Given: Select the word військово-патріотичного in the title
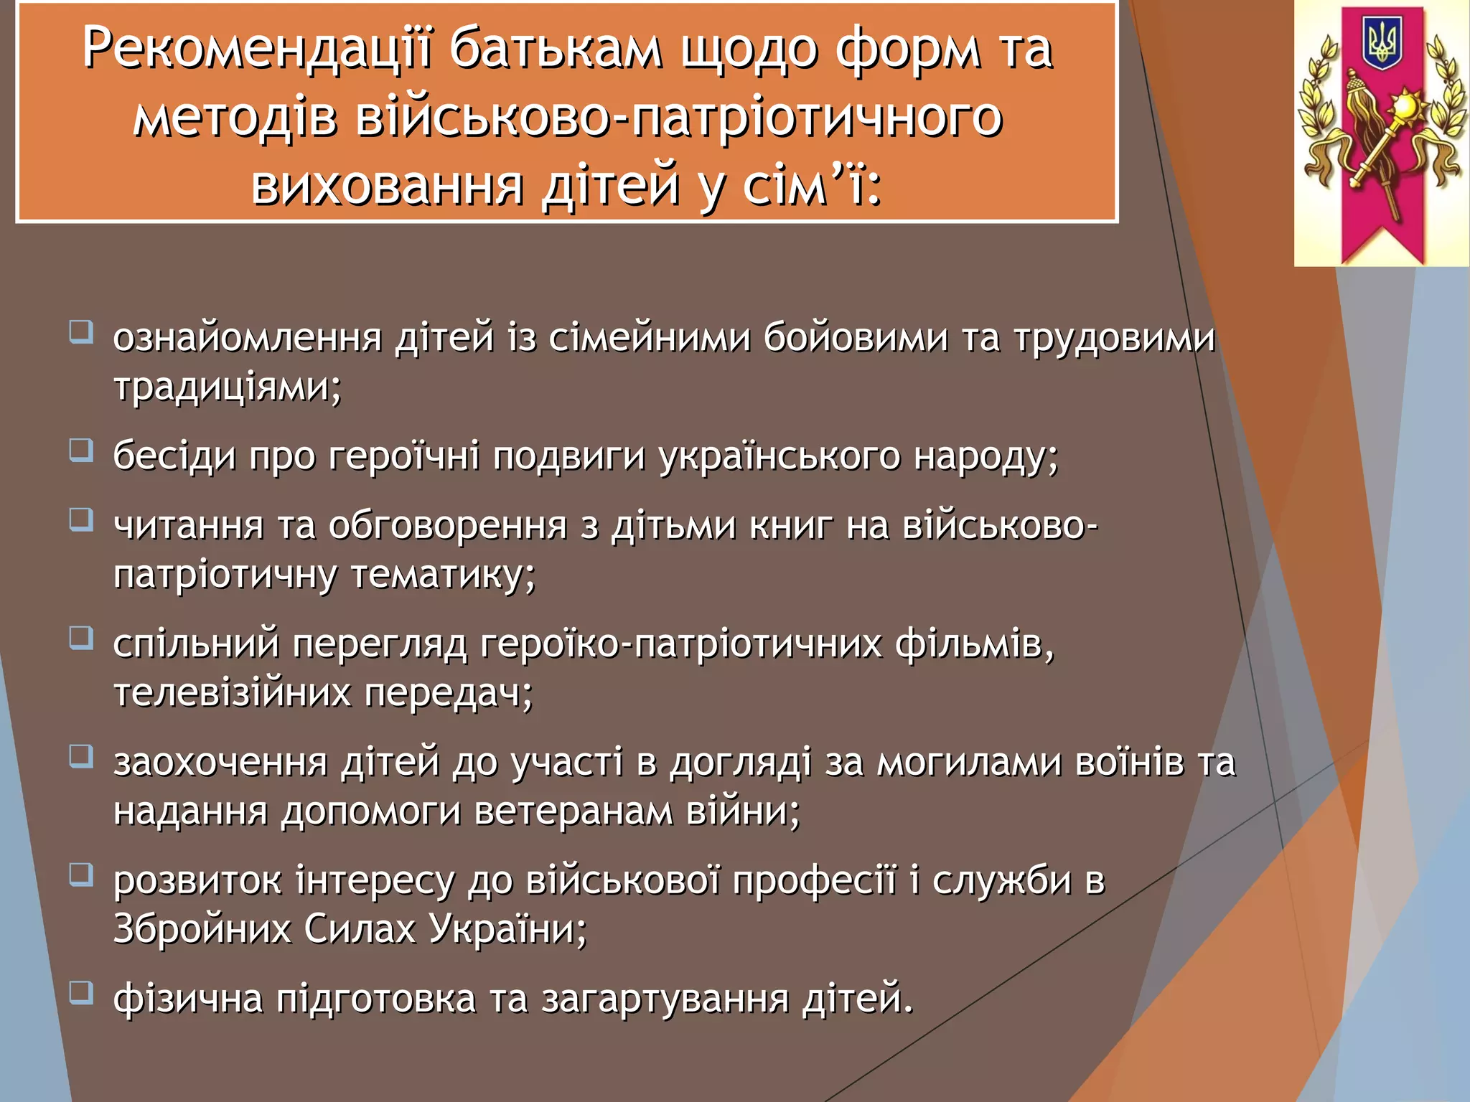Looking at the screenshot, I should pos(679,117).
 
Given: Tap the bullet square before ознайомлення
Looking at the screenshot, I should pos(81,332).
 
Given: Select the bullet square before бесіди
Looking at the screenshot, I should pos(81,450).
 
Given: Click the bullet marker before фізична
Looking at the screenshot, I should pos(81,993).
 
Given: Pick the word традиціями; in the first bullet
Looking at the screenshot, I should pos(228,387).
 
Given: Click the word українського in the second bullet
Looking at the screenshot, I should pos(780,456).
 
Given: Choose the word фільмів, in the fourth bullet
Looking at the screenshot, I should pos(974,644).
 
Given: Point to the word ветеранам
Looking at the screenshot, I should pos(573,811).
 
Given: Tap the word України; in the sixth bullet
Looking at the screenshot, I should pos(507,929).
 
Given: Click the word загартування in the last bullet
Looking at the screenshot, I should pos(665,999).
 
